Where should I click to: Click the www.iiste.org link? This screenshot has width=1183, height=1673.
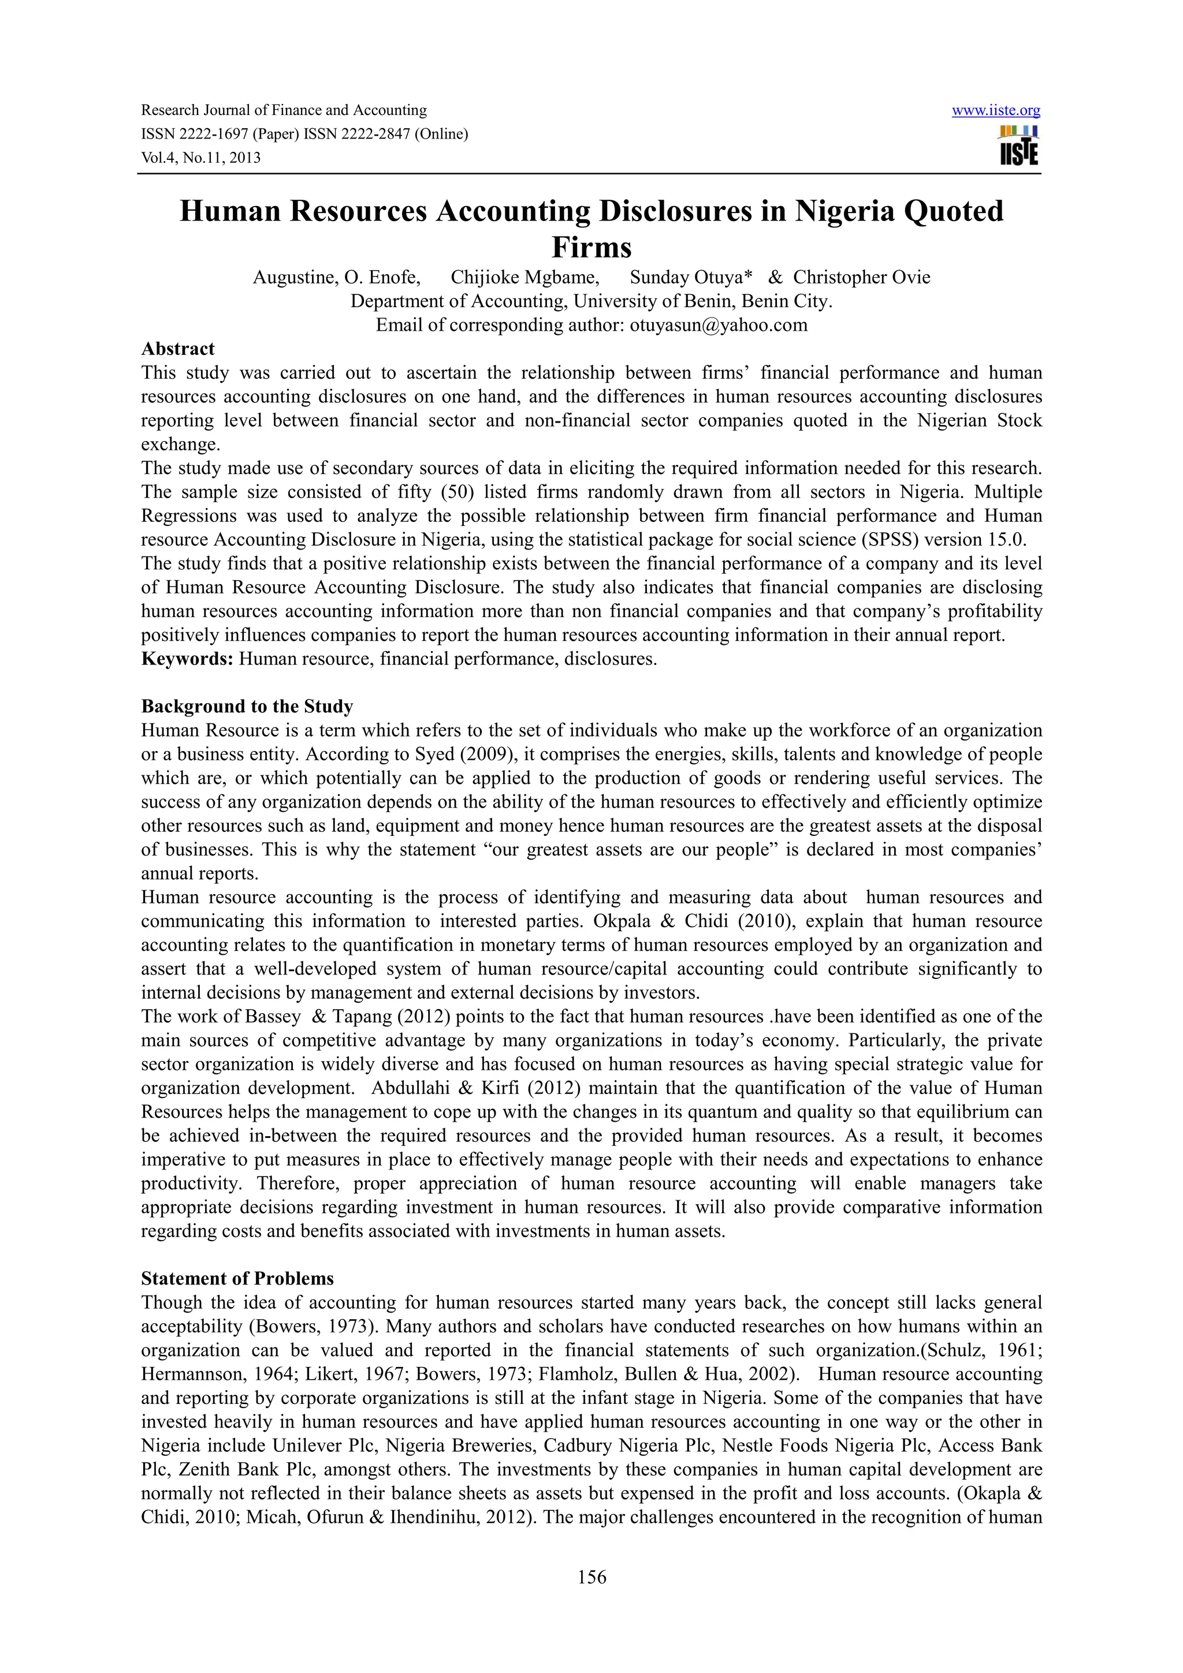996,111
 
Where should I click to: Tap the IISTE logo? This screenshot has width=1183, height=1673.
1019,145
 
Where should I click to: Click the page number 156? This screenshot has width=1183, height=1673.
591,1578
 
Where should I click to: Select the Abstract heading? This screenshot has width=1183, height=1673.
178,349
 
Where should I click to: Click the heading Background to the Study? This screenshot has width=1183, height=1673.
247,706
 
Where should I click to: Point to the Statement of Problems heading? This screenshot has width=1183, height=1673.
237,1278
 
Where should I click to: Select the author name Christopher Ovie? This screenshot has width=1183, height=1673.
862,278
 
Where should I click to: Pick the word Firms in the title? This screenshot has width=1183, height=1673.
591,248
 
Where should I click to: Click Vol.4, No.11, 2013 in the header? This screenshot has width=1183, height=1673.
200,158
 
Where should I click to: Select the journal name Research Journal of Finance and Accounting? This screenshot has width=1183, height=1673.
284,111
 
